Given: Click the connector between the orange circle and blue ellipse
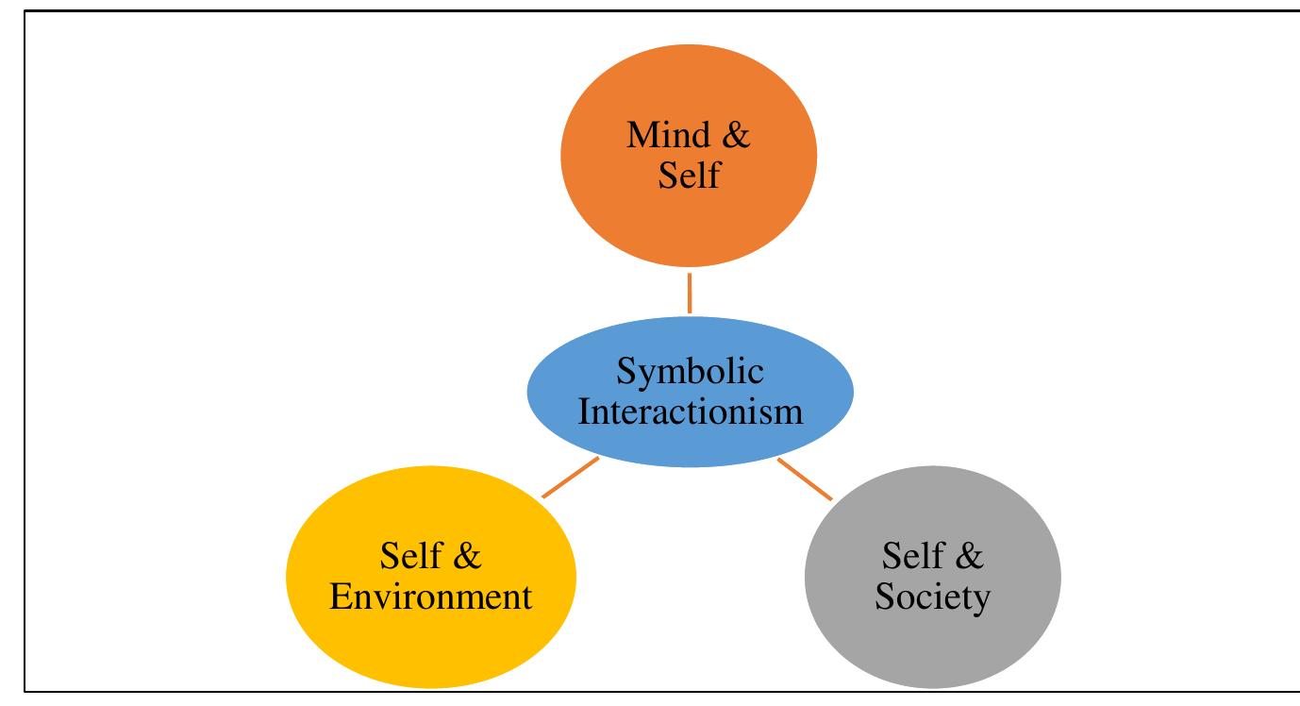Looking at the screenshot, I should (x=690, y=293).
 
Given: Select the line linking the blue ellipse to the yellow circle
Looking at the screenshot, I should (x=571, y=478).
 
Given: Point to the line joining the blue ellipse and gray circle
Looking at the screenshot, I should (x=805, y=479).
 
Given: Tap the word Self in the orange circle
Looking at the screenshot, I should (x=690, y=175).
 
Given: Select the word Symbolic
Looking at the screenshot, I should (x=690, y=373).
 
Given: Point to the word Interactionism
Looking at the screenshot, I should (x=690, y=412).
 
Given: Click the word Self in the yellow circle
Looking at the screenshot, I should (x=410, y=557).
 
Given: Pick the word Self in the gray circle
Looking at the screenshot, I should (x=911, y=557).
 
